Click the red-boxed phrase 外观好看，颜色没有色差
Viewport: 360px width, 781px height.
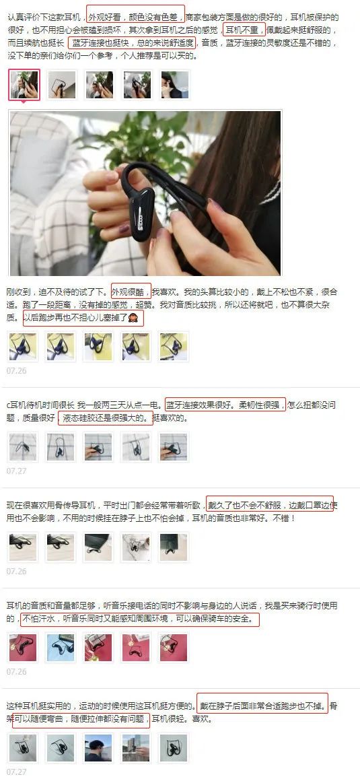pyautogui.click(x=135, y=16)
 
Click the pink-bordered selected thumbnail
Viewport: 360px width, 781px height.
pyautogui.click(x=24, y=85)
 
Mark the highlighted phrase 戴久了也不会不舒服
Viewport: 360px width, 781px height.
pyautogui.click(x=246, y=505)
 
